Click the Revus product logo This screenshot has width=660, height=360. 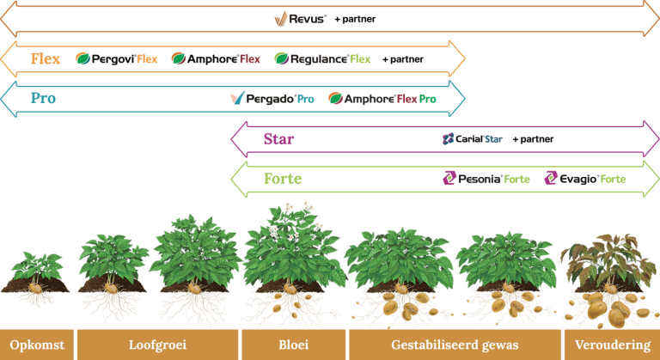pyautogui.click(x=301, y=19)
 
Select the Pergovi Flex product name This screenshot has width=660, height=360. pyautogui.click(x=117, y=59)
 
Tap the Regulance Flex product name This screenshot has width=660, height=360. pyautogui.click(x=322, y=59)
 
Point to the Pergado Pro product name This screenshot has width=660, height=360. pyautogui.click(x=272, y=99)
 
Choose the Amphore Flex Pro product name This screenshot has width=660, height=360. pyautogui.click(x=382, y=99)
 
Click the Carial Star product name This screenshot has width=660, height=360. pyautogui.click(x=473, y=139)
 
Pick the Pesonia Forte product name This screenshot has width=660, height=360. pyautogui.click(x=486, y=179)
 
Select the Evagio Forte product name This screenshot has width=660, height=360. pyautogui.click(x=585, y=179)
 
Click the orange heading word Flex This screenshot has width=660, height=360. pyautogui.click(x=46, y=58)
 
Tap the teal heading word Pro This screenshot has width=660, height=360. pyautogui.click(x=43, y=98)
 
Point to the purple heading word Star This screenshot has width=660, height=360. pyautogui.click(x=278, y=139)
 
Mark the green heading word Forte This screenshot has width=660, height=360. pyautogui.click(x=283, y=179)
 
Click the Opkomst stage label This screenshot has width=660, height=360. pyautogui.click(x=37, y=345)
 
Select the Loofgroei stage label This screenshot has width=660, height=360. pyautogui.click(x=157, y=345)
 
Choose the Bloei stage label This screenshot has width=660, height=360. pyautogui.click(x=293, y=345)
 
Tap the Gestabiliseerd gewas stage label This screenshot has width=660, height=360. pyautogui.click(x=455, y=345)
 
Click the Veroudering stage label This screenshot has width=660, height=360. pyautogui.click(x=613, y=345)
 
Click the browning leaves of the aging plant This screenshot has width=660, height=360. pyautogui.click(x=608, y=260)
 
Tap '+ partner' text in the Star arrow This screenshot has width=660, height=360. pyautogui.click(x=533, y=139)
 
